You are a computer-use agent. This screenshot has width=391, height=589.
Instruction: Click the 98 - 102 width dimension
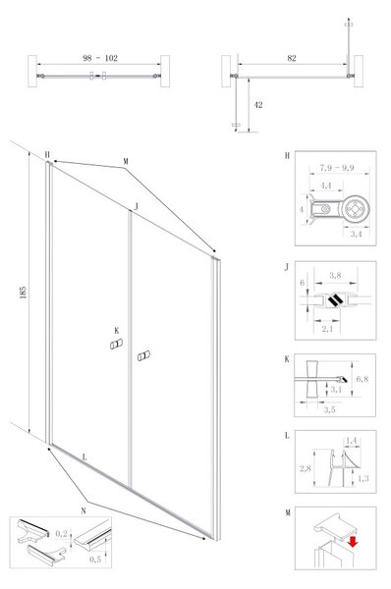(x=100, y=58)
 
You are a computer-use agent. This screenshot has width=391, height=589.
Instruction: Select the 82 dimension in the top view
(x=292, y=58)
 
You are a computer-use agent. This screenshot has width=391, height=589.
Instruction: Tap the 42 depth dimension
(x=258, y=105)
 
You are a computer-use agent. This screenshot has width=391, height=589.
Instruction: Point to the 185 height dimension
(x=23, y=293)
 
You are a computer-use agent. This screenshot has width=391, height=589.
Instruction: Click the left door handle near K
(x=116, y=344)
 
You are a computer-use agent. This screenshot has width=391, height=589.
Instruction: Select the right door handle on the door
(x=143, y=355)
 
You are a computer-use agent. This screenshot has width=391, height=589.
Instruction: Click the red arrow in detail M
(x=353, y=542)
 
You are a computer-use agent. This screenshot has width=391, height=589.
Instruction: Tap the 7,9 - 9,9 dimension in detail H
(x=337, y=168)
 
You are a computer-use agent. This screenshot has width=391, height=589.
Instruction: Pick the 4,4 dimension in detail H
(x=326, y=186)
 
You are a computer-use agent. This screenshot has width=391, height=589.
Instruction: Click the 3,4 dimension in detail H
(x=356, y=234)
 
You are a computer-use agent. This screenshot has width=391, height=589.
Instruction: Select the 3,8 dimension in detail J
(x=335, y=275)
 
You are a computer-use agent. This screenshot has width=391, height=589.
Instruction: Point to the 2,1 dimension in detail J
(x=327, y=329)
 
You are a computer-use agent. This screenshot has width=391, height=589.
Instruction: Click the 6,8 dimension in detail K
(x=363, y=379)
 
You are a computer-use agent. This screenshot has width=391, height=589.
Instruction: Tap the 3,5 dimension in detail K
(x=329, y=409)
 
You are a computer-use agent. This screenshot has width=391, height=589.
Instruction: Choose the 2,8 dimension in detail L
(x=306, y=468)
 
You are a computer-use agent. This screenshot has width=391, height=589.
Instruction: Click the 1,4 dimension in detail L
(x=351, y=440)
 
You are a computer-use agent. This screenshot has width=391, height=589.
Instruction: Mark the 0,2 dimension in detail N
(x=61, y=533)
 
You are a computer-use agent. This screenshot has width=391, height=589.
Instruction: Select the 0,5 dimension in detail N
(x=95, y=560)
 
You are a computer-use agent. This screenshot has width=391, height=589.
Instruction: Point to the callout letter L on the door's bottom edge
(x=84, y=457)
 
